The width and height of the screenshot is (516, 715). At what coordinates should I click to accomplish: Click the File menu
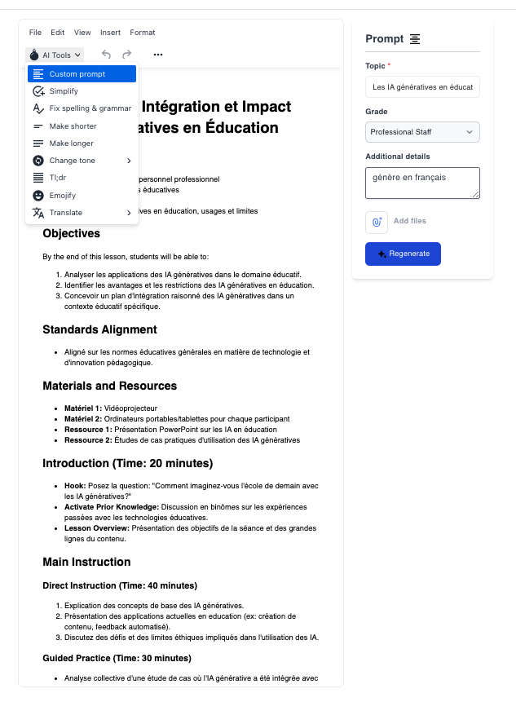click(35, 33)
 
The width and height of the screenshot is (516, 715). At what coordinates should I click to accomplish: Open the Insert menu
click(110, 33)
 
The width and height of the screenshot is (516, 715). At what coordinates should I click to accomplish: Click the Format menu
click(143, 33)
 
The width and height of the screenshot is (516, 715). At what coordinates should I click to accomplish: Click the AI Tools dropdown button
click(55, 55)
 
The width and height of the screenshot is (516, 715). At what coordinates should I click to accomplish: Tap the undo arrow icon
click(106, 55)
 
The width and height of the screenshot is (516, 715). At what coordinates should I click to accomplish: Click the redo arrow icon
click(126, 55)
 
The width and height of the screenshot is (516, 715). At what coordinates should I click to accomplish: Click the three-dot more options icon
click(157, 55)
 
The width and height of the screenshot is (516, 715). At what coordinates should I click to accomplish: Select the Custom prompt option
click(82, 74)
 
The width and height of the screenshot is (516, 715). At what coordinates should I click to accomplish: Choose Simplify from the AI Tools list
click(64, 91)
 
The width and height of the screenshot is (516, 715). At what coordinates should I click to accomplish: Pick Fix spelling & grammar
click(90, 108)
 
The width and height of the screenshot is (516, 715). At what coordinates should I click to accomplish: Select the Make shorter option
click(73, 126)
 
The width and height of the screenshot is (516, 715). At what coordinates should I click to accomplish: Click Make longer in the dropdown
click(71, 143)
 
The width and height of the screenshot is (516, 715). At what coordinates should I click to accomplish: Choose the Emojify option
click(63, 196)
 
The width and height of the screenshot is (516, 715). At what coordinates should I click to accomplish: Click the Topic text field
click(422, 86)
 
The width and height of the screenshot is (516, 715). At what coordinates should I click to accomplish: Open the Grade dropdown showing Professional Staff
click(422, 132)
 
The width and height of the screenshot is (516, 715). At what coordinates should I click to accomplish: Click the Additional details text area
click(422, 183)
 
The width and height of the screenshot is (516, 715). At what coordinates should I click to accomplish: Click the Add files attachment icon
click(377, 221)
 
